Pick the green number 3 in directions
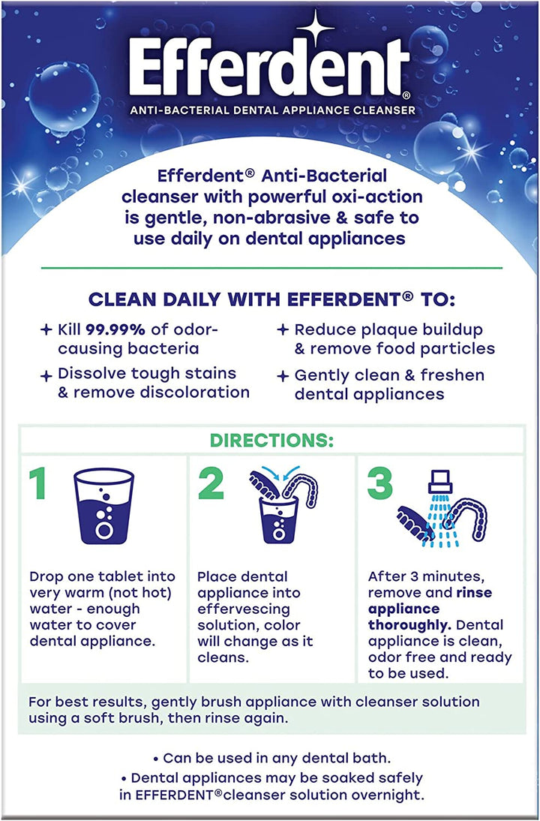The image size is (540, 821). click(x=380, y=485)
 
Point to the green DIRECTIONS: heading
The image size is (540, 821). click(x=271, y=441)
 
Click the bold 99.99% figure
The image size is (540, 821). click(x=115, y=329)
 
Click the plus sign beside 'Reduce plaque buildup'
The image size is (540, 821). click(x=283, y=329)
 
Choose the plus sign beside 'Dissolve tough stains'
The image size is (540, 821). click(x=46, y=374)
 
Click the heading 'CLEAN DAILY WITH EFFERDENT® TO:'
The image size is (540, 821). click(x=271, y=299)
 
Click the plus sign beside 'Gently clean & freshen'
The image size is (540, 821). click(x=283, y=375)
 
